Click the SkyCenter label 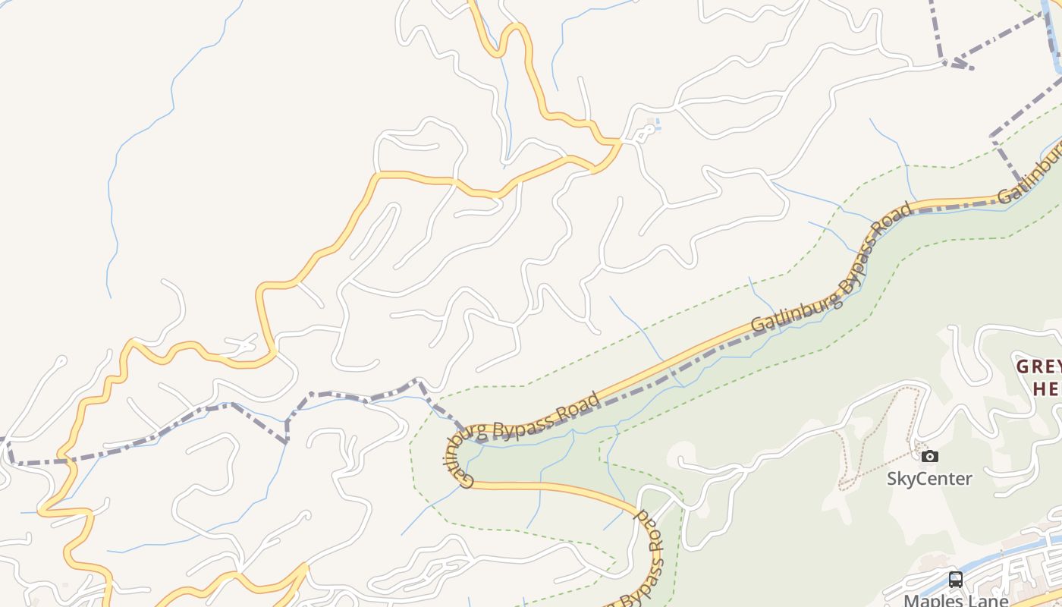tap(929, 479)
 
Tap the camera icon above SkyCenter tap(929, 456)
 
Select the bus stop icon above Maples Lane tap(956, 580)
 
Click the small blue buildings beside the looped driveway tap(657, 124)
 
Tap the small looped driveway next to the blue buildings tap(643, 134)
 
